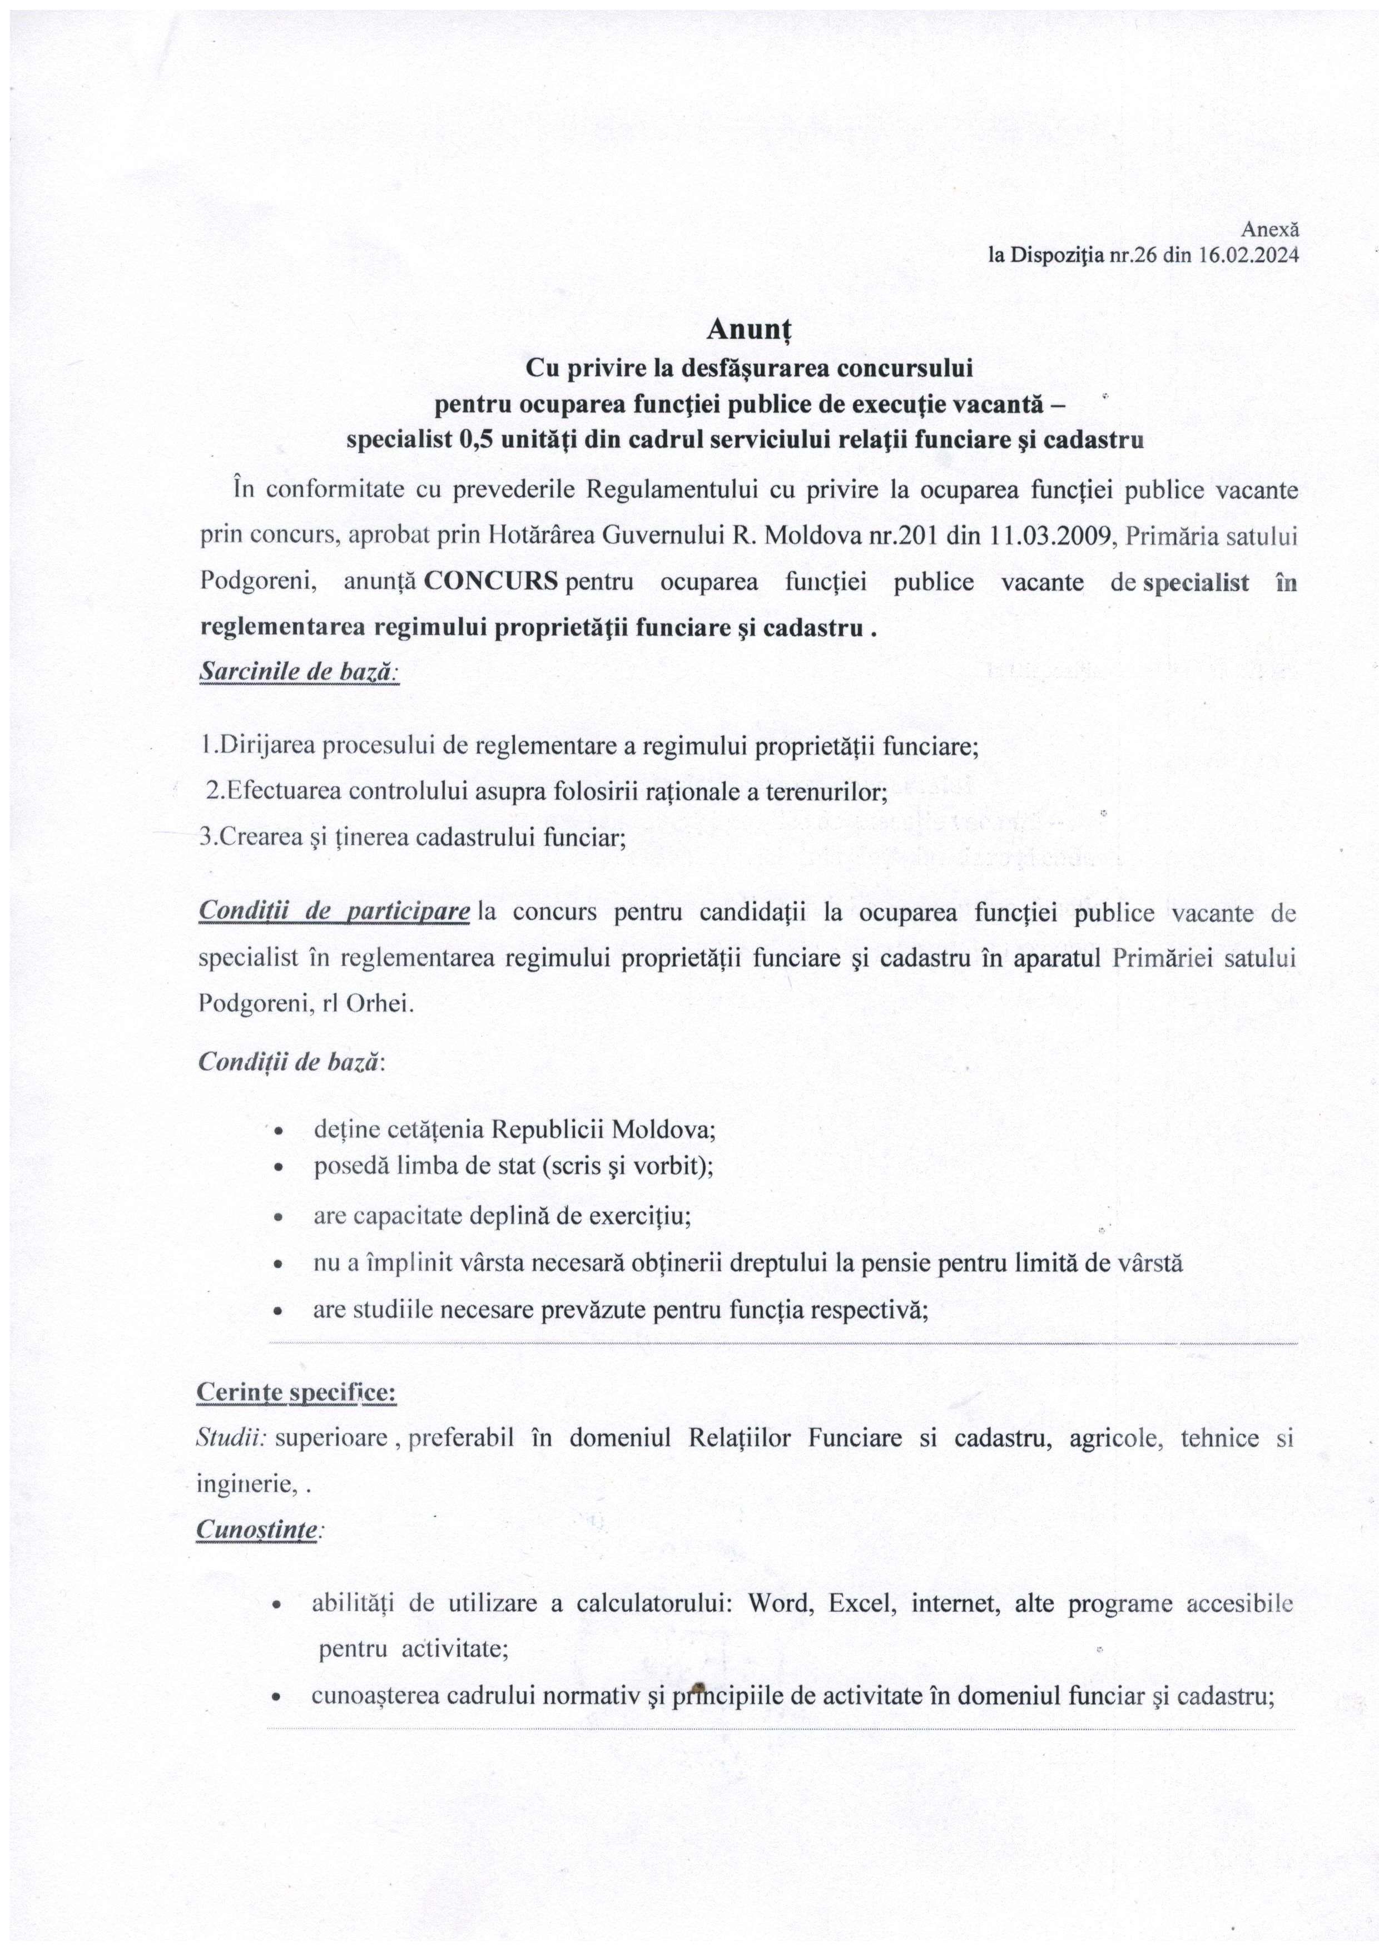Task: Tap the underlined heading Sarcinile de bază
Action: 298,670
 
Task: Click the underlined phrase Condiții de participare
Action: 334,912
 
